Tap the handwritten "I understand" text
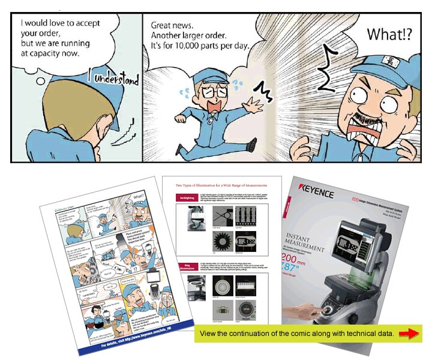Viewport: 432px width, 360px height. click(115, 78)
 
